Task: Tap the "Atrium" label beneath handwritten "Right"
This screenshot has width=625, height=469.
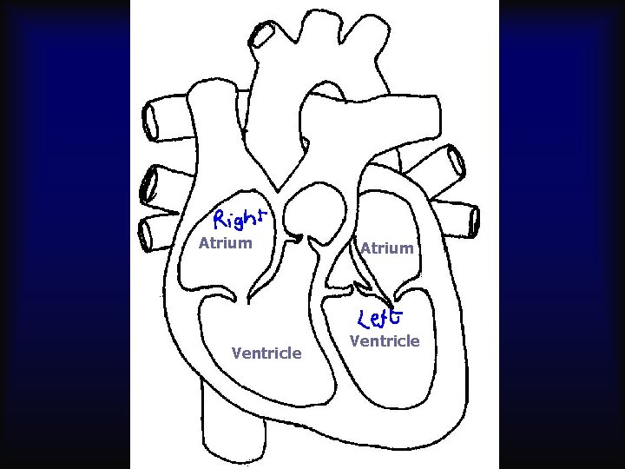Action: coord(225,243)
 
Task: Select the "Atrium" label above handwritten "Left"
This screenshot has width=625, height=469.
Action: coord(387,248)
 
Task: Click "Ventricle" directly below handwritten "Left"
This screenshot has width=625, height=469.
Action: coord(385,341)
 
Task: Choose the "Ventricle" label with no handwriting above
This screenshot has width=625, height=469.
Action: coord(266,353)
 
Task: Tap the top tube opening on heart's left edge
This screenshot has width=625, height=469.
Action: coord(152,120)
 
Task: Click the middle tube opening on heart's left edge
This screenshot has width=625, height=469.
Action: coord(150,183)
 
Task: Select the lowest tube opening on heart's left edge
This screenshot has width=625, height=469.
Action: coord(148,232)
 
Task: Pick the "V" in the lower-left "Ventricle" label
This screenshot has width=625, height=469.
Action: coord(236,353)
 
